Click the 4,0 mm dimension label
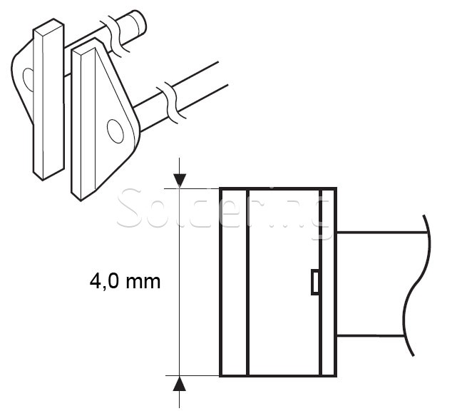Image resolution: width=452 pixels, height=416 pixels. point(125,280)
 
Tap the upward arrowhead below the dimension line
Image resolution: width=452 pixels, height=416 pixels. point(180,383)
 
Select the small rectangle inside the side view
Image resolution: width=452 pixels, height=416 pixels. point(314,282)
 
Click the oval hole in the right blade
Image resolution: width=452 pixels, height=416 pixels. point(115,131)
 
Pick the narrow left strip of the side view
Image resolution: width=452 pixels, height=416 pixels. point(233,282)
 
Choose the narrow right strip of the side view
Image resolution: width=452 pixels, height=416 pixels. point(328,282)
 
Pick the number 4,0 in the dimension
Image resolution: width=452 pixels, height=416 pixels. point(105,280)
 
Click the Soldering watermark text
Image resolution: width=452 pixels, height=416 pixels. point(225,210)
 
